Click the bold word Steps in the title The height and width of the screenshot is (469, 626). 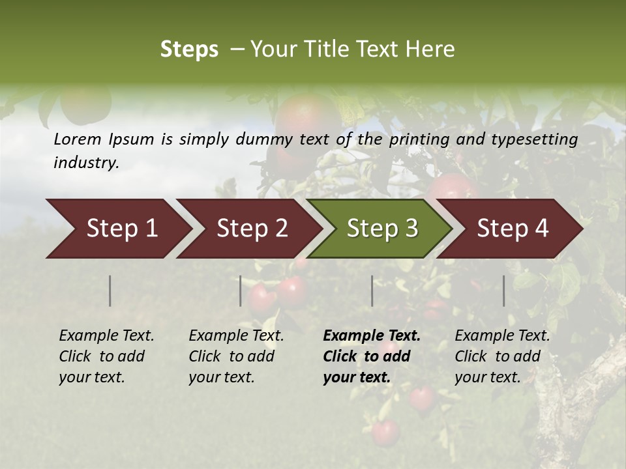point(189,50)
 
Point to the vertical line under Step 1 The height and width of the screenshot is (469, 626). point(110,291)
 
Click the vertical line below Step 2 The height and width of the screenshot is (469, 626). point(241,291)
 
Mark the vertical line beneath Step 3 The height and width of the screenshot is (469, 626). point(372,291)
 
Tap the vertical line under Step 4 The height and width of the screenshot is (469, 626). point(504,291)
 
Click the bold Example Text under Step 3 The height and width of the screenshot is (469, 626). point(372,356)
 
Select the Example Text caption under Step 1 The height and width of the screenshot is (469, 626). point(106,356)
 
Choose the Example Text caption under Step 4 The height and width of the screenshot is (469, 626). point(502,356)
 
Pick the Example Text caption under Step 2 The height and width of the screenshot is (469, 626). point(236,356)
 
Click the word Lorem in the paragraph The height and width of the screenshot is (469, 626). point(78,139)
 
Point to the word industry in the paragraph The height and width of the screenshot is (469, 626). point(86,163)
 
